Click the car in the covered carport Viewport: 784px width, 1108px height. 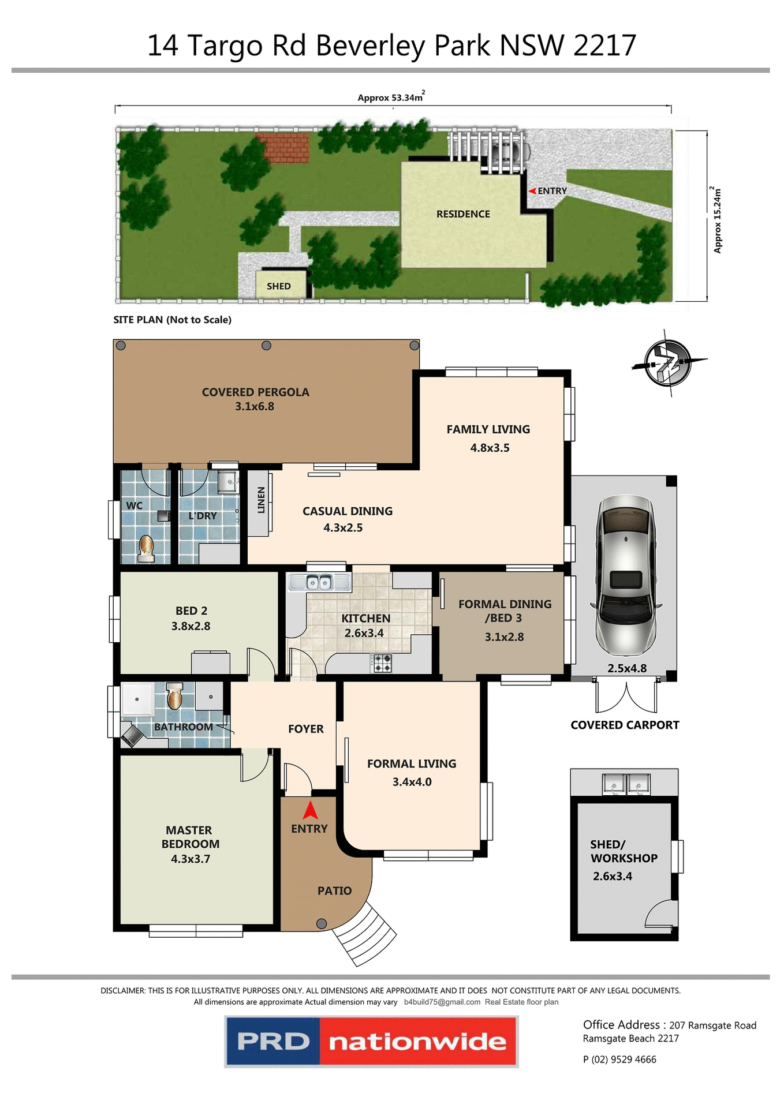[x=626, y=574]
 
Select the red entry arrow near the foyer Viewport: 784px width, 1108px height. [x=311, y=810]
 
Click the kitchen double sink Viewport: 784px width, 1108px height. [x=319, y=582]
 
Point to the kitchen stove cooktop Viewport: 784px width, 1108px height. [x=381, y=663]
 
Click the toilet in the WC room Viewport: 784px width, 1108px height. [x=146, y=548]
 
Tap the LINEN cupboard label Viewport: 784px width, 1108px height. [x=261, y=500]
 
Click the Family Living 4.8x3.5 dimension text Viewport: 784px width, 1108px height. [x=490, y=448]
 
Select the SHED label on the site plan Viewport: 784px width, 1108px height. [x=279, y=286]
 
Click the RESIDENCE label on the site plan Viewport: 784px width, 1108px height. [x=463, y=214]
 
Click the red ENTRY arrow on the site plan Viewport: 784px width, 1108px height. [x=532, y=190]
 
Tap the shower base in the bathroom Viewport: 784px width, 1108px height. [x=137, y=699]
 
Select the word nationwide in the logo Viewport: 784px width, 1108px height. [x=417, y=1042]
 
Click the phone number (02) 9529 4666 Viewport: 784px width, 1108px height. [x=624, y=1060]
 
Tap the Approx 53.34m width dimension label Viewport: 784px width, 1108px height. [x=391, y=98]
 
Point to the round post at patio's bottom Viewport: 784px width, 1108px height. [x=322, y=924]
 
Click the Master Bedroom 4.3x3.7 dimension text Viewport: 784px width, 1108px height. [x=191, y=859]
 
